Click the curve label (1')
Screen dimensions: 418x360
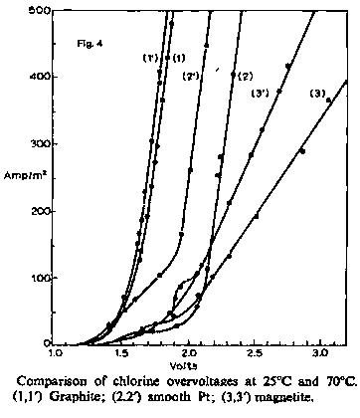(153, 58)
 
